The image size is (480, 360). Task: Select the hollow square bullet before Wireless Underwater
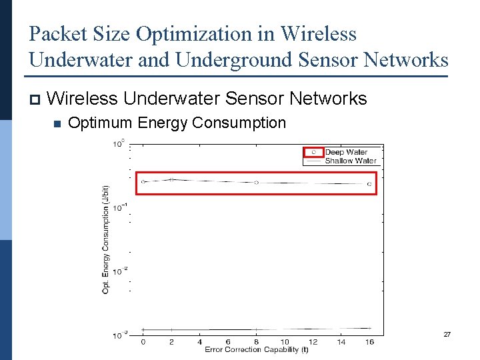35,99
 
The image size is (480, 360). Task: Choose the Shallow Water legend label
351,161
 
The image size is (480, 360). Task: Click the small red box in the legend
313,153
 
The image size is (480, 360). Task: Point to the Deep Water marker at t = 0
143,181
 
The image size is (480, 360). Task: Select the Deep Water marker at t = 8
256,182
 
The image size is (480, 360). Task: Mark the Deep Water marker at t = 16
369,183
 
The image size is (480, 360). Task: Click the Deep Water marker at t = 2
171,180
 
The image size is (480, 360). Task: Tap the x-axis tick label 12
313,342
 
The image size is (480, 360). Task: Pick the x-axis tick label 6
228,342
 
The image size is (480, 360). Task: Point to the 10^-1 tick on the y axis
119,207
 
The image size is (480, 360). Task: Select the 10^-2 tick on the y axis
119,271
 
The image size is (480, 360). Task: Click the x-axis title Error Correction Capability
256,349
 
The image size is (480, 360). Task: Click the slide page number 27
447,334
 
